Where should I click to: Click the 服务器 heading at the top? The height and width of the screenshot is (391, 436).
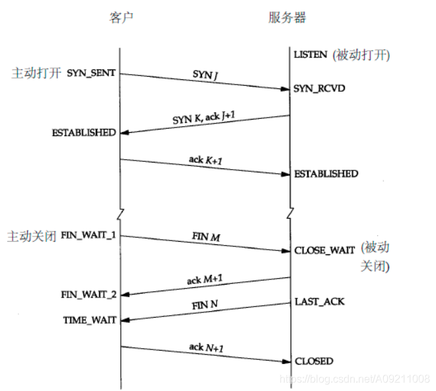pos(287,17)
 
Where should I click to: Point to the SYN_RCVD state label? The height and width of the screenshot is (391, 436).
pos(320,88)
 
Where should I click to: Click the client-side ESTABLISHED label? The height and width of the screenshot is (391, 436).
pos(84,132)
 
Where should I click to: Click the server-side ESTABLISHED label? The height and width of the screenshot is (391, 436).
pos(326,174)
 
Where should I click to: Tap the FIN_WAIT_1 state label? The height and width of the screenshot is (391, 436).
pos(89,234)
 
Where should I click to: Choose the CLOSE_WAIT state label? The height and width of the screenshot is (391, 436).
pos(324,250)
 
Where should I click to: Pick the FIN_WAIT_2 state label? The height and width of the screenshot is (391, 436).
pos(89,295)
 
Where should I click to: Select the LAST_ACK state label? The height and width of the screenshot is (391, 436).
pos(319,301)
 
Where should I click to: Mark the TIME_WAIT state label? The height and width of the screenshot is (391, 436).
pos(89,320)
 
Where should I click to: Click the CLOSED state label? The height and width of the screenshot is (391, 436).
pos(314,361)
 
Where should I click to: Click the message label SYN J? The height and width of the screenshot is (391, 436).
pos(205,75)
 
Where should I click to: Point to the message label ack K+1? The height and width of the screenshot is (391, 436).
pos(205,160)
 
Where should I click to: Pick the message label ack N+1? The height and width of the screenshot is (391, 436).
pos(205,347)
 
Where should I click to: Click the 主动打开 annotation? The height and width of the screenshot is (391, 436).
pos(37,73)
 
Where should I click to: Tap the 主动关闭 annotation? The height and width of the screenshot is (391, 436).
pos(31,235)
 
